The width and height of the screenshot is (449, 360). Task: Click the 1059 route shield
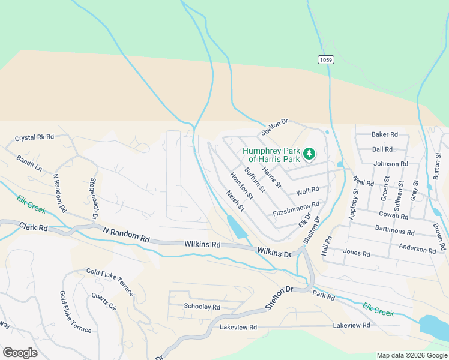pyautogui.click(x=325, y=60)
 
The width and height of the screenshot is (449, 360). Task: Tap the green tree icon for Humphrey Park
pyautogui.click(x=309, y=154)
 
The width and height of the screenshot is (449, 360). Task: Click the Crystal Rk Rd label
pyautogui.click(x=34, y=137)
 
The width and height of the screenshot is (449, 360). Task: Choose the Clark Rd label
pyautogui.click(x=33, y=228)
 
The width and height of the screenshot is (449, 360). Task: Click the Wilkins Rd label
pyautogui.click(x=202, y=245)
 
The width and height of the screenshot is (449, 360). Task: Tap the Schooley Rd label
pyautogui.click(x=202, y=307)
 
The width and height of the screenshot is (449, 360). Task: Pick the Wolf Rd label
pyautogui.click(x=307, y=191)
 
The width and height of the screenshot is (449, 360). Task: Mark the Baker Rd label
pyautogui.click(x=385, y=134)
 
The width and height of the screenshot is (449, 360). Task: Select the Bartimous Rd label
pyautogui.click(x=394, y=232)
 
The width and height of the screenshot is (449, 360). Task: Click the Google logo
pyautogui.click(x=20, y=352)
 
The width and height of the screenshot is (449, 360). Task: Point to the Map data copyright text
pyautogui.click(x=411, y=355)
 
